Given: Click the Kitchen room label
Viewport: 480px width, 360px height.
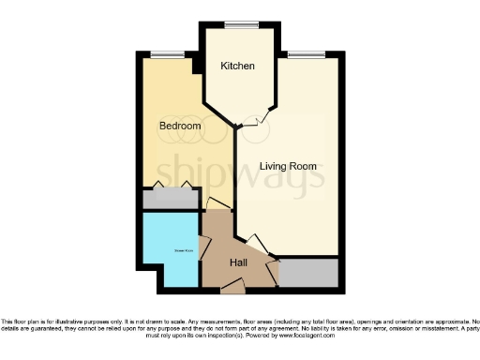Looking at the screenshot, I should [x=238, y=67].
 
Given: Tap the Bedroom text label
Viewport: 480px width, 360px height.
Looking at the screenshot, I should [x=179, y=126].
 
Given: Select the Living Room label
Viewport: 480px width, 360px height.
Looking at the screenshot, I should [x=288, y=166].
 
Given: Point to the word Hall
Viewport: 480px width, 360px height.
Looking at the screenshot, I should [x=238, y=262].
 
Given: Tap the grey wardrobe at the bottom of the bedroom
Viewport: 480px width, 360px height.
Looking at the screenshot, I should [x=169, y=200].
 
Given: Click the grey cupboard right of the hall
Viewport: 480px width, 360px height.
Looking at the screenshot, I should [x=308, y=272].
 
